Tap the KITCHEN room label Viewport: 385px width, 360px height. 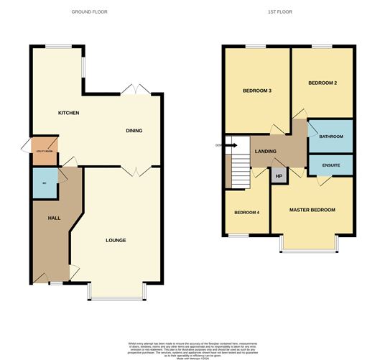(x=68, y=114)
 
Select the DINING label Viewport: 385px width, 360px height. (x=134, y=131)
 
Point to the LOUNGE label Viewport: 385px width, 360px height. (x=116, y=240)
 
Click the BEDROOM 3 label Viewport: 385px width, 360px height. (x=256, y=91)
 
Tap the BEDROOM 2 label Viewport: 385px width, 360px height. (x=323, y=83)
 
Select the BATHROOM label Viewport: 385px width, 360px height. (x=330, y=137)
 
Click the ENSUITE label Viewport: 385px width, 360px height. (x=330, y=165)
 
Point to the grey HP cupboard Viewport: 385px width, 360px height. (x=279, y=175)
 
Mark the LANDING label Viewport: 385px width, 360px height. (x=266, y=152)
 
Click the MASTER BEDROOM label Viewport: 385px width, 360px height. (x=312, y=210)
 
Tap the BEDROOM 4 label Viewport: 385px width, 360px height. (x=246, y=213)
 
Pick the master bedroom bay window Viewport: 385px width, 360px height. (x=310, y=249)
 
